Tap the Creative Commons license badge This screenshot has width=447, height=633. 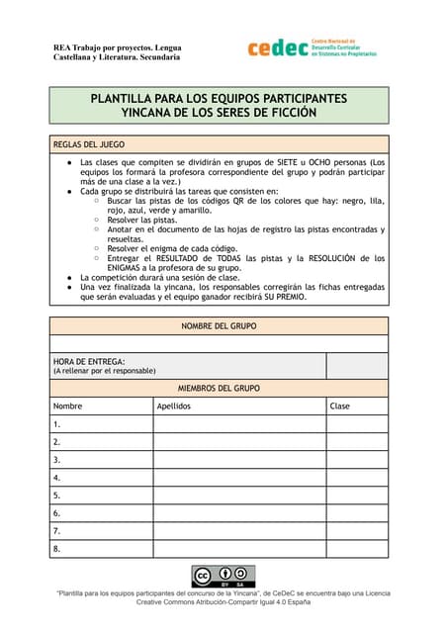pos(223,577)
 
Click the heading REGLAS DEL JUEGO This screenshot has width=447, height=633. pos(88,143)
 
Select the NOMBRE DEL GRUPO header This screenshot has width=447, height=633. pos(219,325)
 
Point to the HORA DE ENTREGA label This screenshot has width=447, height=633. pos(89,362)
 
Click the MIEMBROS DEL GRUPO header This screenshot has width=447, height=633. pos(219,388)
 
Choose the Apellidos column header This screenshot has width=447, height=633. pos(174,407)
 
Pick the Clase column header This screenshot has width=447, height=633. pos(340,407)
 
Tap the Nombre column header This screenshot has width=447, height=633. pos(68,407)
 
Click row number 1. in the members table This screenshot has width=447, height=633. pos(57,424)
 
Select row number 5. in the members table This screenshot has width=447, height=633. pos(57,496)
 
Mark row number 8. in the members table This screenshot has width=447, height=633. pos(57,549)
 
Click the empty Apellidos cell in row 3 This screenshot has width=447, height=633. pos(238,460)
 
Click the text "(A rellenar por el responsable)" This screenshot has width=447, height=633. pos(104,372)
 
